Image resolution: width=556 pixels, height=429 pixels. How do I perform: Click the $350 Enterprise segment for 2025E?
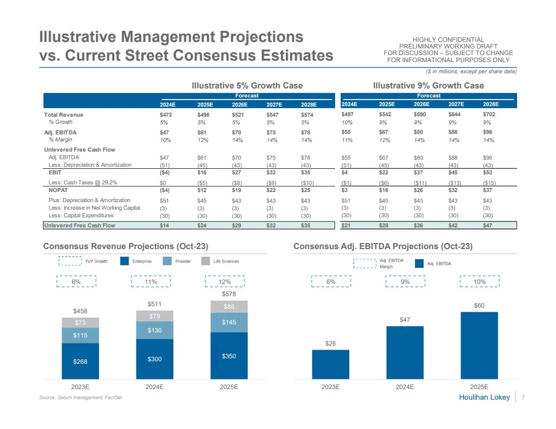229,356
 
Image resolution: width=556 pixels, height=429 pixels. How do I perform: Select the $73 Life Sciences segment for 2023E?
80,322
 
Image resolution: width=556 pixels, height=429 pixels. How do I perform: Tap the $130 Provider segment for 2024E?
155,330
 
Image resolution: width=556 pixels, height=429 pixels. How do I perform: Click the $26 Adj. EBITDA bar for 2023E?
331,364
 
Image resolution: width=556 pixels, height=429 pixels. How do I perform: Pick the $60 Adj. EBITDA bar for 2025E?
479,345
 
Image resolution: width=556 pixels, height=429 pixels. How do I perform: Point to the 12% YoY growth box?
225,281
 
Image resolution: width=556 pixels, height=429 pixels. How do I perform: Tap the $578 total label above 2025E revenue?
229,294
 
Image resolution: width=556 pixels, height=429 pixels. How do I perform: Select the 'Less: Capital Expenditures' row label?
81,215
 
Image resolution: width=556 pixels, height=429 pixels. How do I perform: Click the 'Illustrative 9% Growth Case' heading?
428,85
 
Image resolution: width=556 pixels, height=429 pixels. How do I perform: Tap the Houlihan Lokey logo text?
484,397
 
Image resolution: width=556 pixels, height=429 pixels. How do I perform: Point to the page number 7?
523,397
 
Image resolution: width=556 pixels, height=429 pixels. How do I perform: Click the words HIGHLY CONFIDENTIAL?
448,40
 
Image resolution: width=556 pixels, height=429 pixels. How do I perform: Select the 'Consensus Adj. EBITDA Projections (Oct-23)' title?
383,246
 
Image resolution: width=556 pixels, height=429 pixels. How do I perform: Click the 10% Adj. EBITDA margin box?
480,281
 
